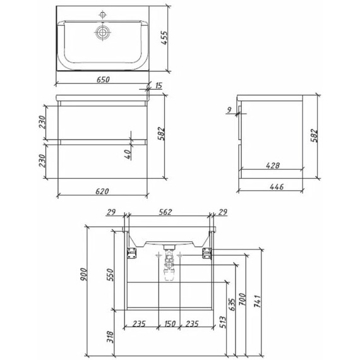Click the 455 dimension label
click(x=165, y=38)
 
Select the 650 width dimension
click(x=103, y=80)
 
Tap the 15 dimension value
click(x=159, y=86)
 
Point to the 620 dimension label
click(x=102, y=191)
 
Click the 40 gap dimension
click(x=128, y=154)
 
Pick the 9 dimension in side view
click(x=229, y=110)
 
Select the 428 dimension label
click(x=273, y=165)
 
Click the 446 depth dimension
click(x=277, y=187)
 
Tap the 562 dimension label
click(x=165, y=212)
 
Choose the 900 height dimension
click(x=83, y=274)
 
